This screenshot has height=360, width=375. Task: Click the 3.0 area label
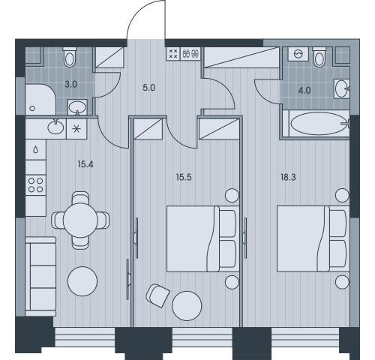(71, 85)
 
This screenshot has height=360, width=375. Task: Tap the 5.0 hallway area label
(149, 88)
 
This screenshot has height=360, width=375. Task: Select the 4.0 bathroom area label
(304, 90)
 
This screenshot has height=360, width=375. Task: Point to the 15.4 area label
(85, 164)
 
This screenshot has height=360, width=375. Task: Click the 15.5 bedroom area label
(184, 177)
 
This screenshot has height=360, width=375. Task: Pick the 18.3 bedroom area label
(288, 177)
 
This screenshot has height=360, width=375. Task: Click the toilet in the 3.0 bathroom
(70, 56)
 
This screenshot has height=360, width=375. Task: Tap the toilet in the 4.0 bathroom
(319, 56)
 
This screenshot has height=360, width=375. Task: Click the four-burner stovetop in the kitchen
(36, 185)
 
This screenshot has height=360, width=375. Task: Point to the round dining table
(80, 220)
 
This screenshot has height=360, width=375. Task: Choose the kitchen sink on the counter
(55, 127)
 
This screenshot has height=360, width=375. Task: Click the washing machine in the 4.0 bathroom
(298, 54)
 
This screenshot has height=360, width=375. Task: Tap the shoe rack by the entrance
(191, 53)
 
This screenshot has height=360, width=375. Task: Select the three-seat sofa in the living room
(40, 277)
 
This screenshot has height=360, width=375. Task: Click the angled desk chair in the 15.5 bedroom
(157, 295)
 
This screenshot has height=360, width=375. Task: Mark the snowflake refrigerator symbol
(76, 129)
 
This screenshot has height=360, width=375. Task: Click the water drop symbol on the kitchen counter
(36, 150)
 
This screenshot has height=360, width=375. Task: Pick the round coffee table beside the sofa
(82, 281)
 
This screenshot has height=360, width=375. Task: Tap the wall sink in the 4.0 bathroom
(341, 88)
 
